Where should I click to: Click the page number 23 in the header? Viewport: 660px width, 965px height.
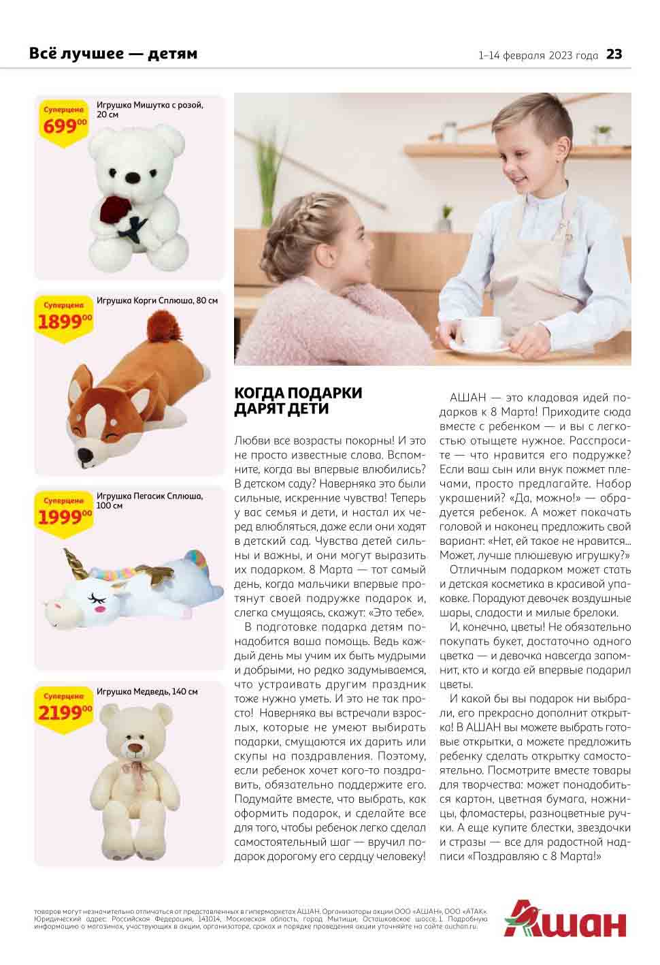tap(614, 54)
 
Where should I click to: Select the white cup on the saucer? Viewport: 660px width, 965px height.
tap(482, 332)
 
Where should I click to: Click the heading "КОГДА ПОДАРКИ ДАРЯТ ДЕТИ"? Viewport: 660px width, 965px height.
tap(297, 401)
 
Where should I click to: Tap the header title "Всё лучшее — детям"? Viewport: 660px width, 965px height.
tap(113, 54)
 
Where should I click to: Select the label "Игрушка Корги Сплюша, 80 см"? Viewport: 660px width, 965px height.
tap(157, 300)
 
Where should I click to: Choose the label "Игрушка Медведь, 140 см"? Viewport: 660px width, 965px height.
tap(147, 692)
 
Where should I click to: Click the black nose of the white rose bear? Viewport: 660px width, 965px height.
tap(134, 176)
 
